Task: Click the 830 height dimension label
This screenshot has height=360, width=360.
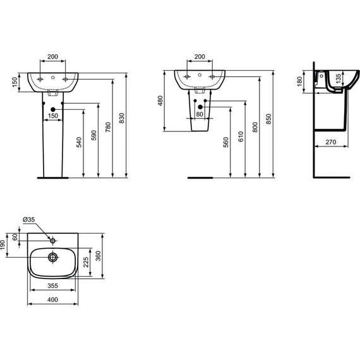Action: coord(122,118)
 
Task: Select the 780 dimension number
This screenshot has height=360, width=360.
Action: coord(108,127)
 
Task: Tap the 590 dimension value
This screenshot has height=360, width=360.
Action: coord(94,135)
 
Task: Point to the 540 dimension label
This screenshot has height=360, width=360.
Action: coord(79,142)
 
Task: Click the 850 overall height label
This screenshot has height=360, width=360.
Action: coord(268,119)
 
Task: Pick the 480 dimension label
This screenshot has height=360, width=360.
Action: coord(160,101)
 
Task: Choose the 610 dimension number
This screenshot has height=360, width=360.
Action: coord(241,136)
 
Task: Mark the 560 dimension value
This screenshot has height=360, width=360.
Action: coord(226,142)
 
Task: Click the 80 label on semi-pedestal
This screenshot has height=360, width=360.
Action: coord(200,114)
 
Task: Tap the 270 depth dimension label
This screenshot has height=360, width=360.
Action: coord(331,142)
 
